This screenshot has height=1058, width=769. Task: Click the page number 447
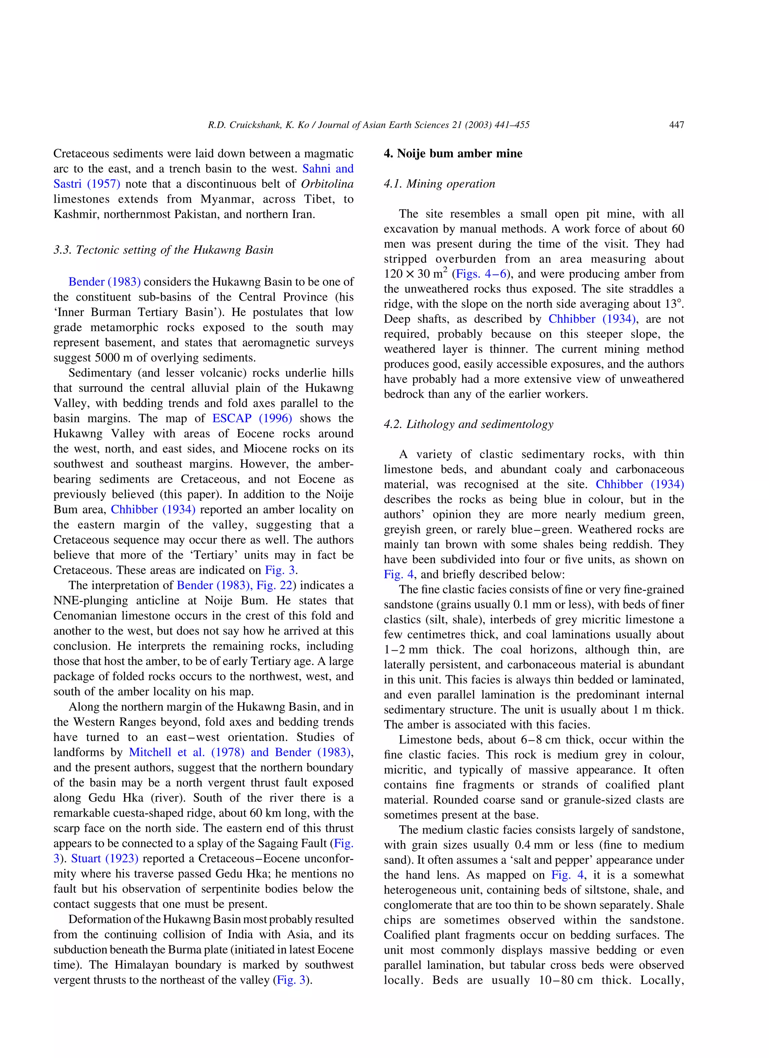click(x=676, y=125)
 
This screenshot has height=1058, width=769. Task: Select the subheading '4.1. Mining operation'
click(x=439, y=184)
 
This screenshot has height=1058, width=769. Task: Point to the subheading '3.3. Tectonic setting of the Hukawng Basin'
click(x=163, y=250)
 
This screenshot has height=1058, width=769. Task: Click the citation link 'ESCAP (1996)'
click(x=252, y=419)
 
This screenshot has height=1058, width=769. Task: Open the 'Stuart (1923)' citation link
click(x=105, y=858)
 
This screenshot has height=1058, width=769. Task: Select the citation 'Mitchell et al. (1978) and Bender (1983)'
click(x=240, y=752)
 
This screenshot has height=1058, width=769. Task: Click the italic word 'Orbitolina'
click(x=327, y=184)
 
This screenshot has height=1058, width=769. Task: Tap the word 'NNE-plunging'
click(x=88, y=600)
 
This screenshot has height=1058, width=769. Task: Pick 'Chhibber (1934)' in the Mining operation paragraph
click(x=591, y=319)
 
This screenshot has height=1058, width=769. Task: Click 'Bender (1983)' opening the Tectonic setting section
click(x=104, y=282)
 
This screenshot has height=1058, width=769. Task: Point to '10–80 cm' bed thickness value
click(x=565, y=980)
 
